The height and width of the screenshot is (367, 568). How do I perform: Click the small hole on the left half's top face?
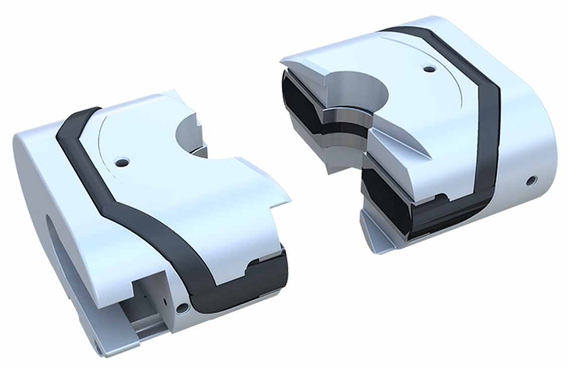[122, 162]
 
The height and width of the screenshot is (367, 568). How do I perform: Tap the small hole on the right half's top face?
[428, 68]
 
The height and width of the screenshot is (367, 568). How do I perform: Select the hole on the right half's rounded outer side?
[530, 180]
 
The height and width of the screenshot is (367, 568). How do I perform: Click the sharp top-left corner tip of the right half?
[282, 63]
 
